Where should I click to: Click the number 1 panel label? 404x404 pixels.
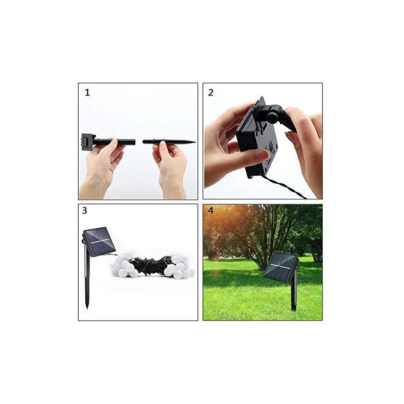coord(87,92)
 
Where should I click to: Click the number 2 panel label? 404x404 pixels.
coord(211,92)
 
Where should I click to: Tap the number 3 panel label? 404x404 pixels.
coord(84,211)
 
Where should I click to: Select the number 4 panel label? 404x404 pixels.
coord(211,211)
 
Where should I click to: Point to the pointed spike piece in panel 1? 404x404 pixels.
coord(169,142)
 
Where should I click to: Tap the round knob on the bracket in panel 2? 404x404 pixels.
coord(274,116)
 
